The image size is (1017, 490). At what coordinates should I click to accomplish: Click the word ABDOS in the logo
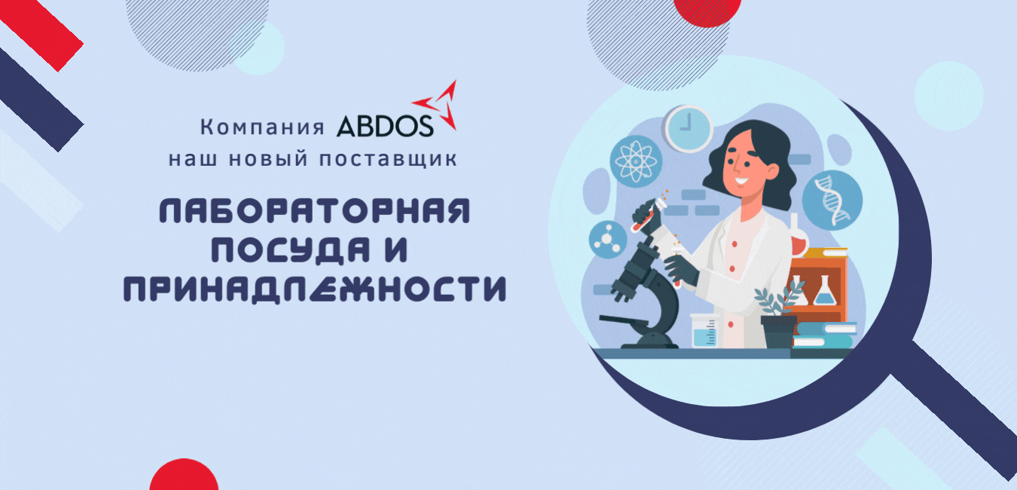pos(384,126)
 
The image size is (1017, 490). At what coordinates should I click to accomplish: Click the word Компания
pos(262,127)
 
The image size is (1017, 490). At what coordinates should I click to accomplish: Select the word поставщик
pos(388,159)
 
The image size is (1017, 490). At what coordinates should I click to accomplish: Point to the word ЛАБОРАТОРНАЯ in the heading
pos(315,211)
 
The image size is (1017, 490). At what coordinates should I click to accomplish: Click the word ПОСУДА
pos(291,250)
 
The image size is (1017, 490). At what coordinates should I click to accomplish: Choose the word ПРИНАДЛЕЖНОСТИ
pos(315,289)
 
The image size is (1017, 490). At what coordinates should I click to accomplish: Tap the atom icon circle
pos(636,161)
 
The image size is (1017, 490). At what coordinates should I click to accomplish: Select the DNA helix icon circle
pos(832,201)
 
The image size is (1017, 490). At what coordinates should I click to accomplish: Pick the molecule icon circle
pos(607,239)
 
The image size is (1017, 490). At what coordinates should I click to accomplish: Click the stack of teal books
pos(825,335)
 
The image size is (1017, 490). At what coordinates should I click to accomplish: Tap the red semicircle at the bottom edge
pos(184,475)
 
